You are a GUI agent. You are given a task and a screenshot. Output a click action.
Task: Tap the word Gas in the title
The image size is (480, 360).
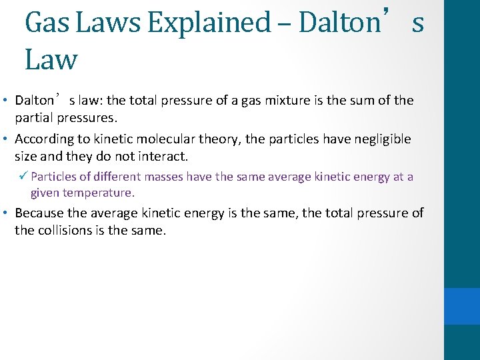[47, 23]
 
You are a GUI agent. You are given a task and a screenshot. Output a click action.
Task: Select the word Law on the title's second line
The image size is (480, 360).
[51, 59]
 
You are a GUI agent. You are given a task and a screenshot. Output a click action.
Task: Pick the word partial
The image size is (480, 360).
[35, 118]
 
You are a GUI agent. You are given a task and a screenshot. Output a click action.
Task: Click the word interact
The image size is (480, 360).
[163, 157]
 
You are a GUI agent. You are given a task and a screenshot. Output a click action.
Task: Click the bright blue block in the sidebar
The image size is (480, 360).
[461, 306]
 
